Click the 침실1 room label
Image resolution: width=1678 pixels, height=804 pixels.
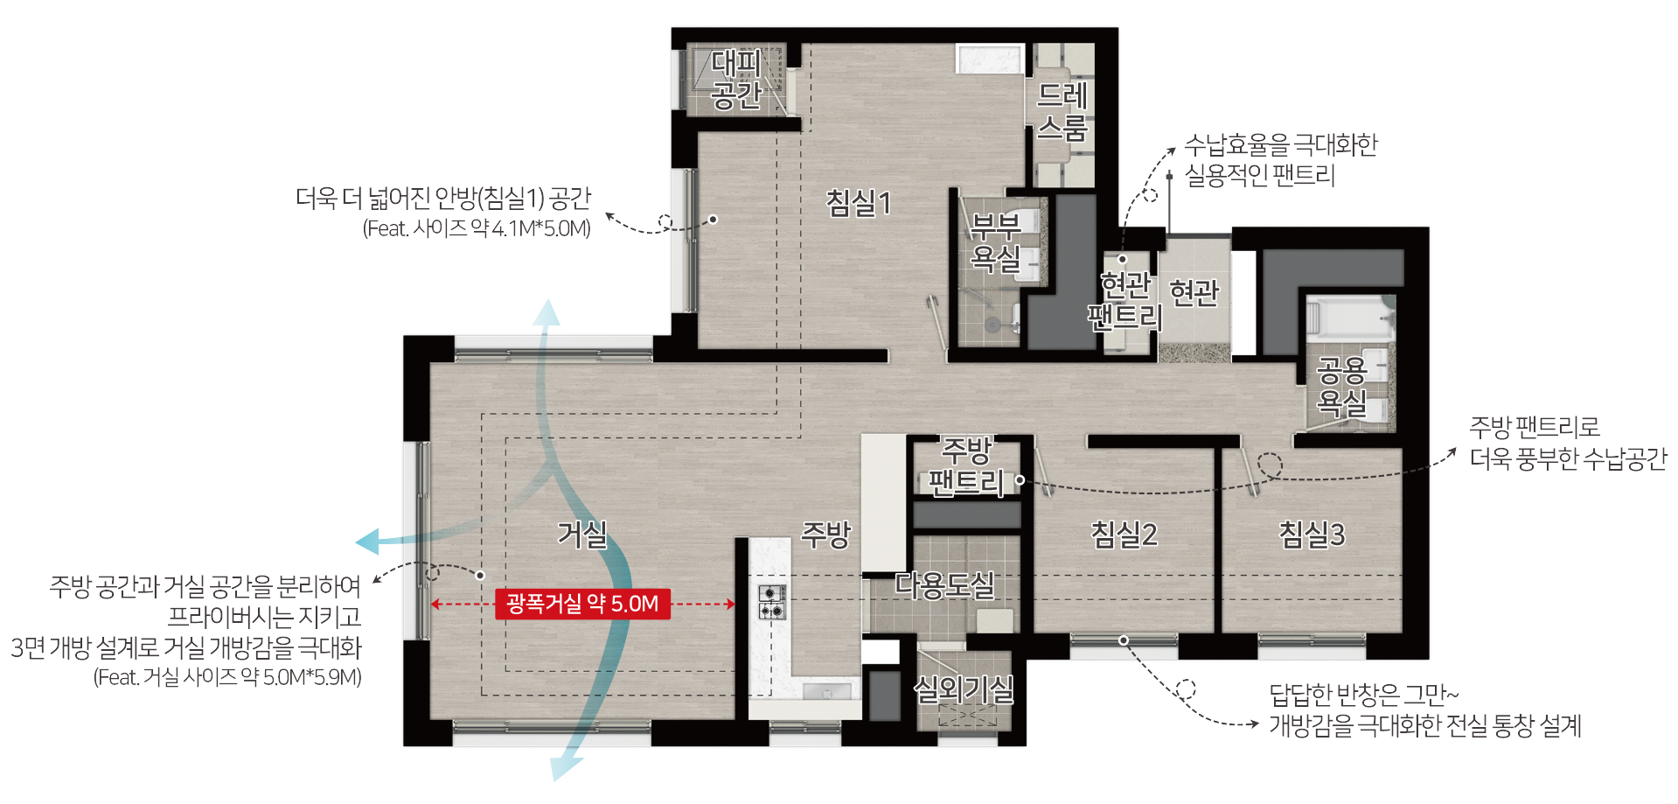click(859, 203)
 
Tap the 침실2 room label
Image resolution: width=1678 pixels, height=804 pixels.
click(1124, 534)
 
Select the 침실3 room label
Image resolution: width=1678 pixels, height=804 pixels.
click(1312, 534)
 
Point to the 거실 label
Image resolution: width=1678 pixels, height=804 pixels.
click(582, 534)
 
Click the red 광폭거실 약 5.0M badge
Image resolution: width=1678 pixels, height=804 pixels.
click(582, 604)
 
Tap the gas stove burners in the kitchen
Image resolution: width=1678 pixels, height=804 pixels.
click(771, 602)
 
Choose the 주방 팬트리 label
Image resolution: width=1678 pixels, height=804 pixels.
click(966, 466)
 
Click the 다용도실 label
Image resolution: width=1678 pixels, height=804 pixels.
click(944, 584)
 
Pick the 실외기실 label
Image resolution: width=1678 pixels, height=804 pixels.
click(964, 689)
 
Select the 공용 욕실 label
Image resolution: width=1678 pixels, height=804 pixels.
click(1342, 387)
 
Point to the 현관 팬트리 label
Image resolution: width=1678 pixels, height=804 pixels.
click(1124, 300)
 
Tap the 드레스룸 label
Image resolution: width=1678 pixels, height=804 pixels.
click(1062, 111)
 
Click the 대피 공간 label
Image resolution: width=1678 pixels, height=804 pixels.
click(736, 79)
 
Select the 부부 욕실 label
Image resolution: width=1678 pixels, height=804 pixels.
click(996, 242)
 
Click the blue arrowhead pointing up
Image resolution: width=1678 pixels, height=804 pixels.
click(547, 311)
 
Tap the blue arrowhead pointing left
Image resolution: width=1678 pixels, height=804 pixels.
click(368, 542)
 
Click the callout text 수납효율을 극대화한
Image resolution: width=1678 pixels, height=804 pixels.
click(1281, 145)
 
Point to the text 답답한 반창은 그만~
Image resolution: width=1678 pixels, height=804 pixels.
click(1364, 695)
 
